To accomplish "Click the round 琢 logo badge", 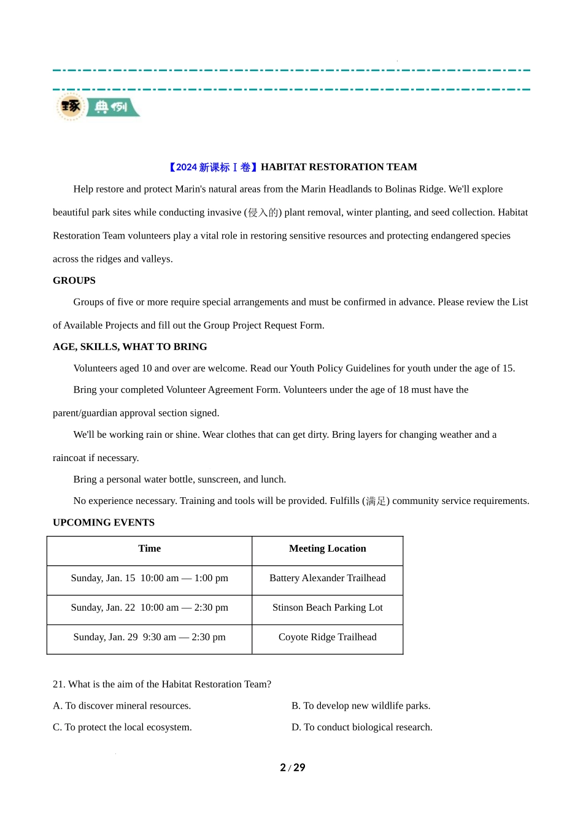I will click(x=71, y=107).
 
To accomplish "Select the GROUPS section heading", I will click(x=74, y=281).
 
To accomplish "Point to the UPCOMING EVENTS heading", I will click(x=104, y=522).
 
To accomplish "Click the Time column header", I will click(x=149, y=549).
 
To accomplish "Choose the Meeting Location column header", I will click(x=327, y=549).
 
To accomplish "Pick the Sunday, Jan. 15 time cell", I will click(x=149, y=578).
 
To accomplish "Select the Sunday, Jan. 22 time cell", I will click(x=149, y=608).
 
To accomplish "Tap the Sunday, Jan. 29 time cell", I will click(x=149, y=637).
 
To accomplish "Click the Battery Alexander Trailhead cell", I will click(x=327, y=578).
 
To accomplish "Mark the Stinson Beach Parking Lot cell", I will click(x=327, y=608).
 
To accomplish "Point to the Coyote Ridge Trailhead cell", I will click(x=327, y=637).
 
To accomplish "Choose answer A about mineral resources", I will click(x=122, y=706).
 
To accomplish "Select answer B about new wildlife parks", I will click(x=361, y=706).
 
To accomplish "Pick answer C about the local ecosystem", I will click(x=123, y=727).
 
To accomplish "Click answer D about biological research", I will click(x=362, y=727).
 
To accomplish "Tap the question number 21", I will click(x=59, y=684).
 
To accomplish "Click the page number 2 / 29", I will click(x=293, y=768).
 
